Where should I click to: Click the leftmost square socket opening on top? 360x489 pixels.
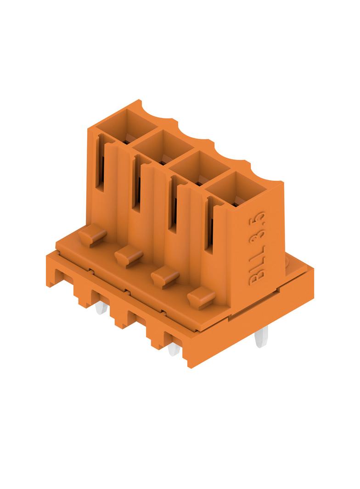click(126, 125)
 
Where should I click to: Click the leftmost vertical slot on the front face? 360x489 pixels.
click(101, 162)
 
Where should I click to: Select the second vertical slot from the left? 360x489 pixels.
click(136, 183)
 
